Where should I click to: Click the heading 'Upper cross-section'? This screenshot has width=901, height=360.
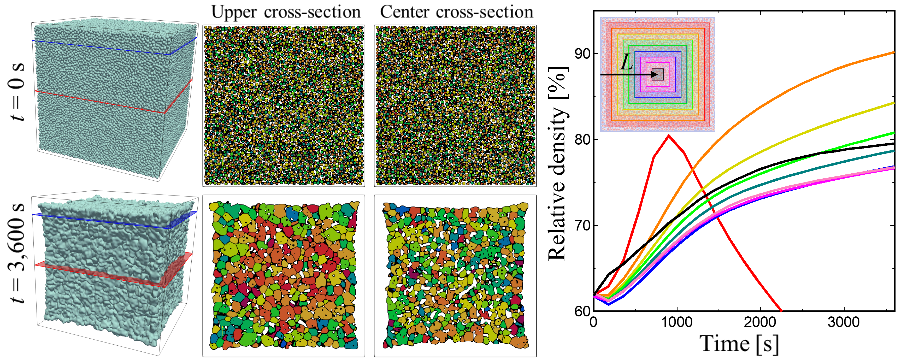286,12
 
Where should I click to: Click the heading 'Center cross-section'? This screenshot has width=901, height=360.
456,12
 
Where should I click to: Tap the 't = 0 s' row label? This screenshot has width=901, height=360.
17,92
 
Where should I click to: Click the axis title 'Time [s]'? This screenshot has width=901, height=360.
739,344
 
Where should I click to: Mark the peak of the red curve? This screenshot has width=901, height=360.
669,135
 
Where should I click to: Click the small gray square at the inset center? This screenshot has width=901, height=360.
658,74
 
